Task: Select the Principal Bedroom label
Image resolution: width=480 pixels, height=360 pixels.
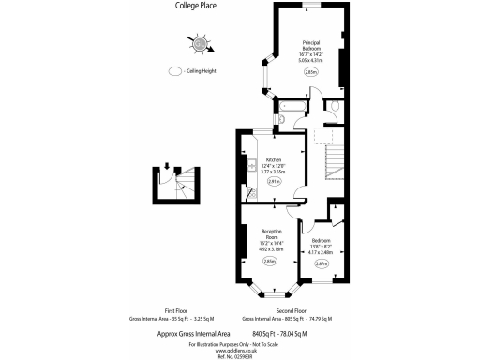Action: click(311, 46)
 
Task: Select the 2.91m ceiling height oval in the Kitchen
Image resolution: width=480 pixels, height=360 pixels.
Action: click(274, 183)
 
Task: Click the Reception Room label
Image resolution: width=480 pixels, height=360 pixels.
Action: click(272, 233)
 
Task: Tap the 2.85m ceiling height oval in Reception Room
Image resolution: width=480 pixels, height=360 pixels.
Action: click(271, 262)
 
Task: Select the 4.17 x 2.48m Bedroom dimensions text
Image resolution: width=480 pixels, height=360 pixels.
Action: click(321, 252)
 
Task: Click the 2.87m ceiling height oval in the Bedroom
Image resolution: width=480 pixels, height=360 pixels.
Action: click(321, 264)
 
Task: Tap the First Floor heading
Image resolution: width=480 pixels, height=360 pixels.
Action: click(177, 310)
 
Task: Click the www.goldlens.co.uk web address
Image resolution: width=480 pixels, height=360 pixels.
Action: click(240, 350)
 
